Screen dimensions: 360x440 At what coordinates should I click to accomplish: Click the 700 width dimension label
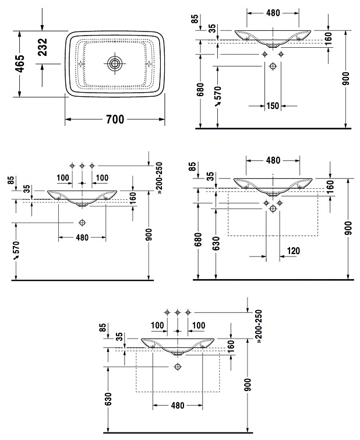[115, 119]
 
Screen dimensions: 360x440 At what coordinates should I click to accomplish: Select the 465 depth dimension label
[21, 64]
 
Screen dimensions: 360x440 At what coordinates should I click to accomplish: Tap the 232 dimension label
[43, 47]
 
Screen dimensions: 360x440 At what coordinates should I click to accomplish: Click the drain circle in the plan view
[115, 64]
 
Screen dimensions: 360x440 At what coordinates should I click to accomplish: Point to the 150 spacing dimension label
[273, 106]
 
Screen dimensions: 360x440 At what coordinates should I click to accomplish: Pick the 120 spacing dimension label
[294, 251]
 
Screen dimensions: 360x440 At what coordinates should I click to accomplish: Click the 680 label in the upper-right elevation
[200, 90]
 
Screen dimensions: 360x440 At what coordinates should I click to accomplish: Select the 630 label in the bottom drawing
[109, 399]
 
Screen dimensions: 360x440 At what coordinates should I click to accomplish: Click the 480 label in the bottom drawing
[178, 405]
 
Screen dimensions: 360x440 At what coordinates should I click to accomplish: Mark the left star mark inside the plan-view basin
[82, 64]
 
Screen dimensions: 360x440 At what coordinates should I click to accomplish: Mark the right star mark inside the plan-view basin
[148, 64]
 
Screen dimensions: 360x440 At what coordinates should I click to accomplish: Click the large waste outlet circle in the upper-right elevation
[273, 66]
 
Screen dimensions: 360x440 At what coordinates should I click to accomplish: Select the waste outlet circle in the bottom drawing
[178, 367]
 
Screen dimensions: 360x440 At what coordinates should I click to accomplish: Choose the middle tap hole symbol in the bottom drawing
[177, 312]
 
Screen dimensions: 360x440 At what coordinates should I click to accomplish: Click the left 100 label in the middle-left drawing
[63, 178]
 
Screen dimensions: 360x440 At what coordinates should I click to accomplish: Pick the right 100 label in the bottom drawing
[199, 326]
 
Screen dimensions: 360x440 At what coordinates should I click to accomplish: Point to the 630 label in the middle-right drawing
[216, 243]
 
